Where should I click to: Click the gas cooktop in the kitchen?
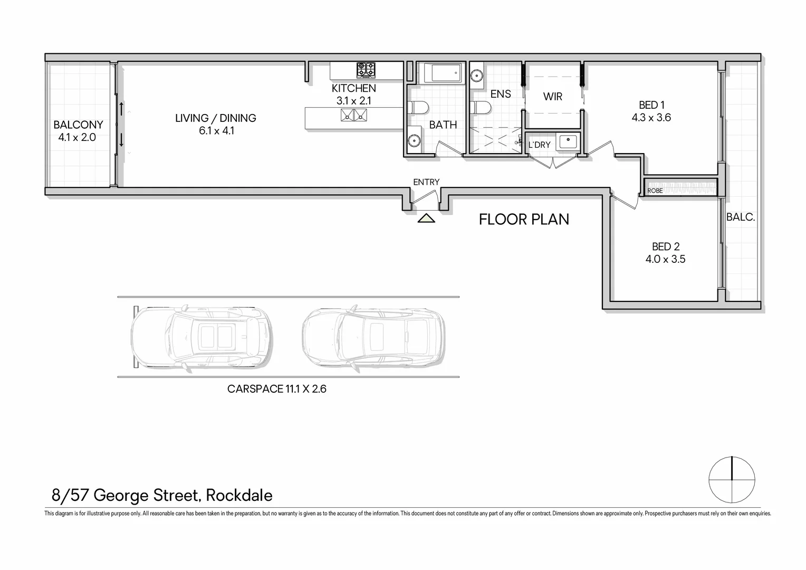[366, 70]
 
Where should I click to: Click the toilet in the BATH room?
[419, 108]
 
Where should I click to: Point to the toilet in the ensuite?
[481, 108]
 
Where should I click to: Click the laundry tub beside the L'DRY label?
[568, 141]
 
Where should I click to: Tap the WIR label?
[553, 97]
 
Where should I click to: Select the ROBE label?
[655, 191]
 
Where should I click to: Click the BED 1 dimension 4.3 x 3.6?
[651, 118]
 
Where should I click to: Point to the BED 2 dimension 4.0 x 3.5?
[665, 259]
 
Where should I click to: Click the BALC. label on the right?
[741, 217]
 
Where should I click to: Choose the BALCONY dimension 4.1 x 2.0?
[78, 138]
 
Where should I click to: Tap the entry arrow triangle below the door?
[426, 218]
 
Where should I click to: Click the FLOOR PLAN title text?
[524, 220]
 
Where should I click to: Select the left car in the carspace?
[201, 337]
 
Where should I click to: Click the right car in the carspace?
[373, 337]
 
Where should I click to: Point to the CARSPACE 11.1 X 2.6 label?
[277, 389]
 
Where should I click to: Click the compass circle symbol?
[732, 479]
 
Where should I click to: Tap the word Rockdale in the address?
[239, 496]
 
